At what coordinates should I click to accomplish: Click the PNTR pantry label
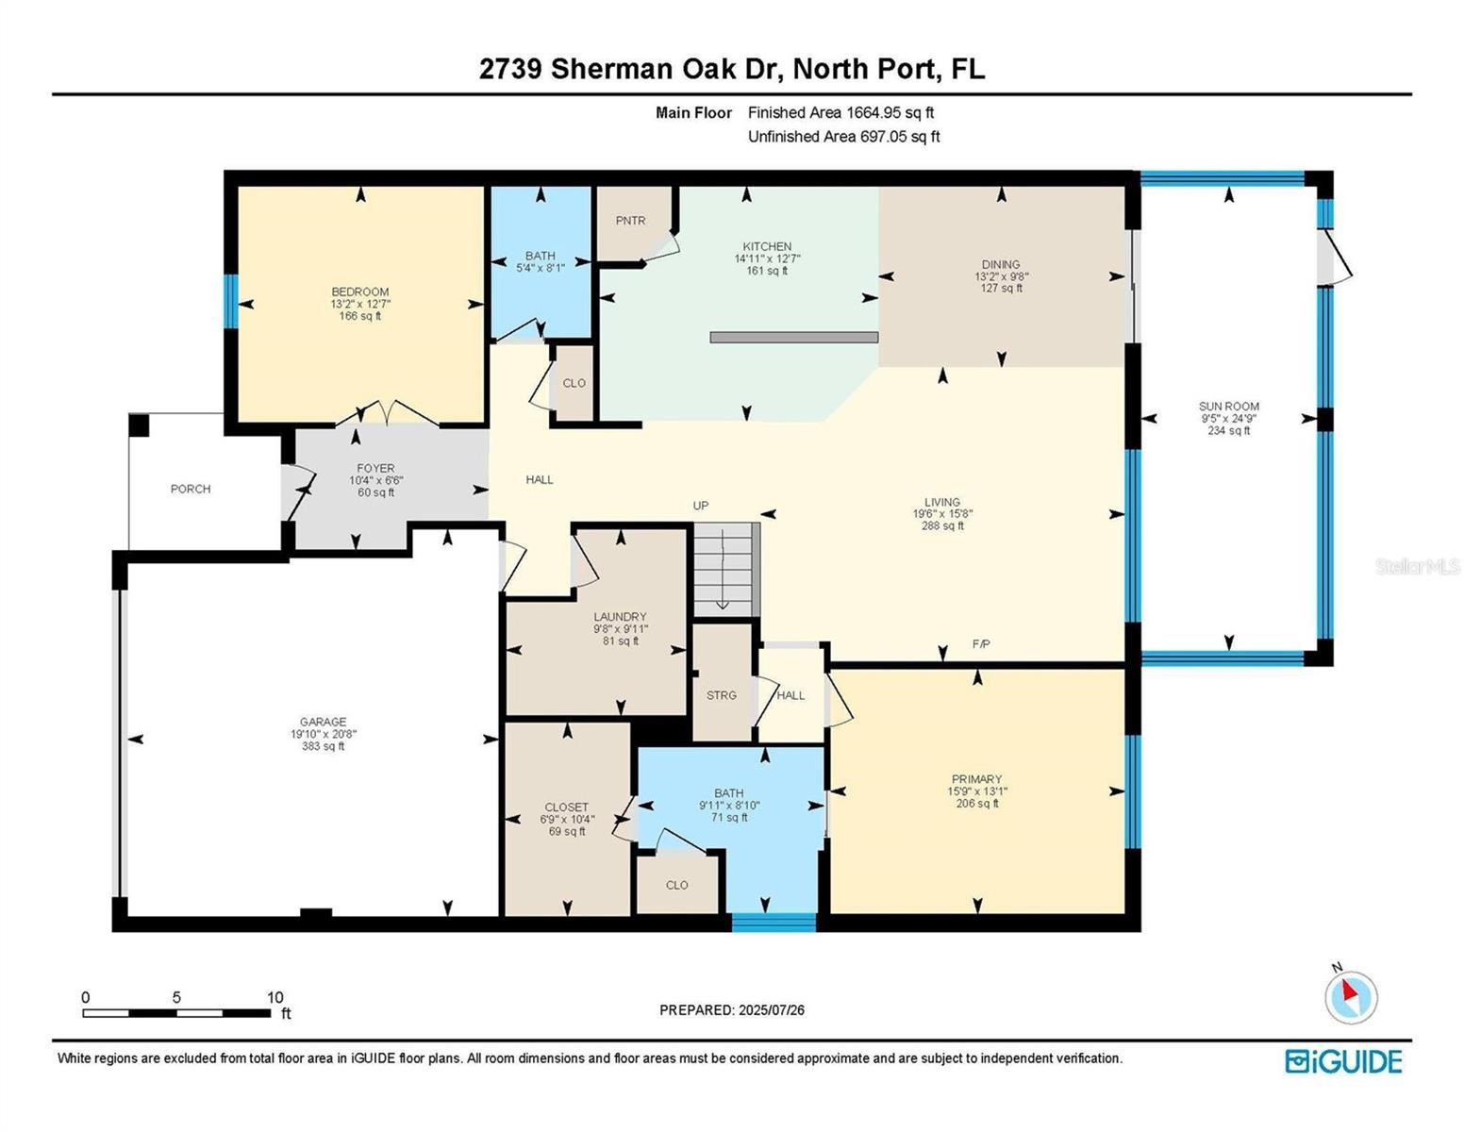tap(630, 220)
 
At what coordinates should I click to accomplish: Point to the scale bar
tap(176, 1013)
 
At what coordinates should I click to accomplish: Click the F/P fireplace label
tap(980, 643)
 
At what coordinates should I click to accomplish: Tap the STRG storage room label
tap(721, 695)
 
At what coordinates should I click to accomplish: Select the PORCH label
tap(190, 489)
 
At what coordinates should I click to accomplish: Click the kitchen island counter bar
tap(793, 338)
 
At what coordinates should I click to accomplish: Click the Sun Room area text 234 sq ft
tap(1228, 430)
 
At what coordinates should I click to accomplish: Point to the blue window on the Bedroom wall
tap(230, 301)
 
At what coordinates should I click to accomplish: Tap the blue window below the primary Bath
tap(774, 923)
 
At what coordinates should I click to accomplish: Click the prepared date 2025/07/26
tap(772, 1010)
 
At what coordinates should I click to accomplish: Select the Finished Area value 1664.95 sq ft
tap(890, 112)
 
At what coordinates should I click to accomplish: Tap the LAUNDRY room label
tap(620, 617)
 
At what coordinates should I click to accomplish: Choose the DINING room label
tap(1001, 264)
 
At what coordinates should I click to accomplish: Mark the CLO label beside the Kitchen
tap(574, 383)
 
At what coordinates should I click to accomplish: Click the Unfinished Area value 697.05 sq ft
tap(900, 137)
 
